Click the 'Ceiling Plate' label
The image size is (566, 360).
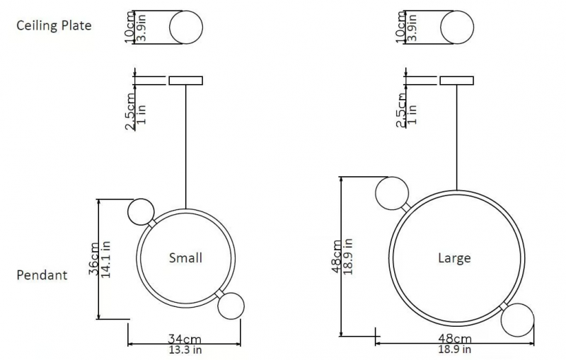(x=54, y=25)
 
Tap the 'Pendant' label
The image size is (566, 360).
(x=42, y=275)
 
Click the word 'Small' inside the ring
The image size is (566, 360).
(x=185, y=257)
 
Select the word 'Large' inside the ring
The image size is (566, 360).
(x=454, y=258)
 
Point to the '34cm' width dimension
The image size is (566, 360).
(x=185, y=339)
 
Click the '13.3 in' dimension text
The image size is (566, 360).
(x=185, y=349)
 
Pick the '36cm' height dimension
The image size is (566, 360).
(x=93, y=258)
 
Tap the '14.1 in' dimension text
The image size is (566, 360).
(x=105, y=260)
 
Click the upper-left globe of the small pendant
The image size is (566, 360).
(x=141, y=212)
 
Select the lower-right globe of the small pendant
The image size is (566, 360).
(x=231, y=306)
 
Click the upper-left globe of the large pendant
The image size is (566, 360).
(x=392, y=193)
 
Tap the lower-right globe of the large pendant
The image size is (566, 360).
(x=518, y=320)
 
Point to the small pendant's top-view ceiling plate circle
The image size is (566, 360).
(x=186, y=28)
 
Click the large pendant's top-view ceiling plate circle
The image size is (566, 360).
(x=457, y=28)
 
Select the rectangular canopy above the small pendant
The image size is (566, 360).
(x=186, y=81)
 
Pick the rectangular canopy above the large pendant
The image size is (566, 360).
(x=457, y=81)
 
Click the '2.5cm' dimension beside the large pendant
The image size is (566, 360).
(x=400, y=110)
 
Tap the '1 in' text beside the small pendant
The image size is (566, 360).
(x=142, y=114)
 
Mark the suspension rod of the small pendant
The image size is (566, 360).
(x=186, y=147)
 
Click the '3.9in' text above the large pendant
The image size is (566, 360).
(x=413, y=28)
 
